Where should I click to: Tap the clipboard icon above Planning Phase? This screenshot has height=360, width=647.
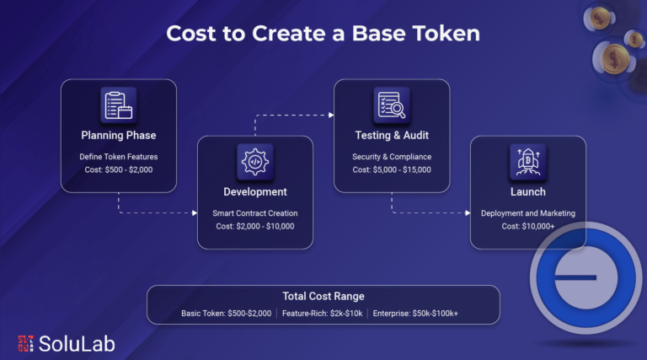(x=119, y=105)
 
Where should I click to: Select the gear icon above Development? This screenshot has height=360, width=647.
(x=255, y=162)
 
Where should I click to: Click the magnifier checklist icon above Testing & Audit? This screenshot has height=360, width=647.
(x=392, y=105)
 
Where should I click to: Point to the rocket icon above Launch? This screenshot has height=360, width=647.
(x=528, y=162)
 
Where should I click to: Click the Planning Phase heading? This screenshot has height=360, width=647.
(x=119, y=136)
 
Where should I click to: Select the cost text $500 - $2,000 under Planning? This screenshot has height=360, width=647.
(x=129, y=169)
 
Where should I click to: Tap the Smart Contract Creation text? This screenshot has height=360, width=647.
(x=255, y=213)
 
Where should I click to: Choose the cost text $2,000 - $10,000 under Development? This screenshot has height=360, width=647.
(x=265, y=226)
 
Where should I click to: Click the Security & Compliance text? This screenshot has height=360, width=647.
(x=392, y=157)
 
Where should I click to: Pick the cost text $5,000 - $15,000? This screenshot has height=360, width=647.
(x=402, y=169)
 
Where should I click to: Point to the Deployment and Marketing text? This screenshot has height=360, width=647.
(x=528, y=213)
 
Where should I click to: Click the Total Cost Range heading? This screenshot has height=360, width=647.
(x=323, y=296)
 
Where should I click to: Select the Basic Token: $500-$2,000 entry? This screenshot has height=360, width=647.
(x=226, y=314)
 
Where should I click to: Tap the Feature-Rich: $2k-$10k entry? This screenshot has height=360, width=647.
(x=323, y=314)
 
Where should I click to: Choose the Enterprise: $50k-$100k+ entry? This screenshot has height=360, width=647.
(x=415, y=314)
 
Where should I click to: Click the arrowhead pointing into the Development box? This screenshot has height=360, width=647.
(x=195, y=213)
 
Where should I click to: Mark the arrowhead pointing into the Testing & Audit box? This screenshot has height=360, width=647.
(x=331, y=116)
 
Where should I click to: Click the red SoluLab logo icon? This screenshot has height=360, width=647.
(x=25, y=343)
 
